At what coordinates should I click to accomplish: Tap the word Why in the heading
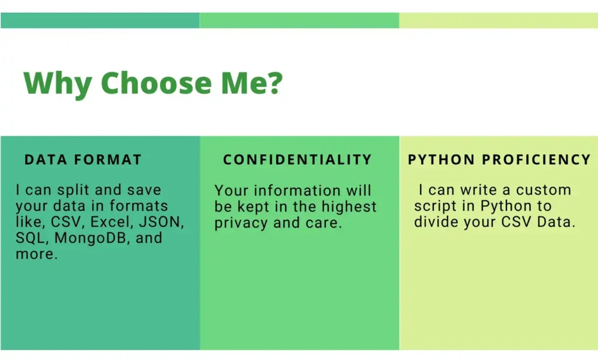pyautogui.click(x=58, y=84)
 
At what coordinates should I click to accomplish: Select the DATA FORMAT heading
pyautogui.click(x=83, y=159)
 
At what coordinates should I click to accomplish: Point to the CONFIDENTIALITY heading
pyautogui.click(x=297, y=159)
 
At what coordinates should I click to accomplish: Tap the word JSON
pyautogui.click(x=161, y=222)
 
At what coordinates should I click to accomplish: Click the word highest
pyautogui.click(x=349, y=207)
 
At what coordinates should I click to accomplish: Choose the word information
pyautogui.click(x=297, y=191)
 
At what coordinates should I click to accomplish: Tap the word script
pyautogui.click(x=435, y=206)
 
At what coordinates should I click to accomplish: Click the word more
pyautogui.click(x=37, y=254)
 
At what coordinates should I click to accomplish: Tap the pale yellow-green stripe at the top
pyautogui.click(x=499, y=20)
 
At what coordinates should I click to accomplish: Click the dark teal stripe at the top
pyautogui.click(x=100, y=20)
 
